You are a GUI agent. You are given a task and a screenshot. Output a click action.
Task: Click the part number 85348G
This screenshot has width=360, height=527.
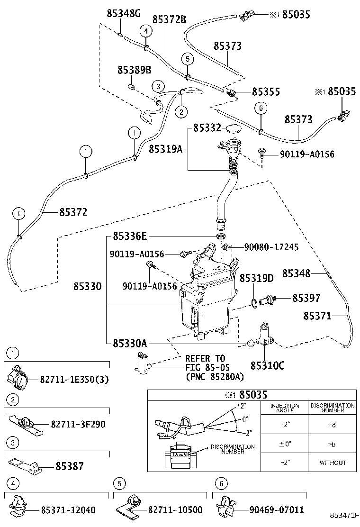click(x=124, y=14)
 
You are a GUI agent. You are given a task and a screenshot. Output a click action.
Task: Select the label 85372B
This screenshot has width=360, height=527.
click(x=169, y=19)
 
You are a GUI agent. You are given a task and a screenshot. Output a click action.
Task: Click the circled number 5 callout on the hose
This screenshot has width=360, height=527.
click(x=188, y=59)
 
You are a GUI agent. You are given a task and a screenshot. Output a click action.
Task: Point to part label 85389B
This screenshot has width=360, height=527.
click(x=134, y=70)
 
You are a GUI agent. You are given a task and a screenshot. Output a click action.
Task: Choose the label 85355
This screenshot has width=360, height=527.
click(x=266, y=92)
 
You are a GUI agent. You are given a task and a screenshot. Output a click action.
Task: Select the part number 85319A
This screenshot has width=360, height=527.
click(x=165, y=149)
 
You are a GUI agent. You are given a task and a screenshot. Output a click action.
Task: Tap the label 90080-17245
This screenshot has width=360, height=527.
click(x=271, y=247)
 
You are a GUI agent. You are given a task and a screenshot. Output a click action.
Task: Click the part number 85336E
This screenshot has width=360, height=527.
click(x=130, y=236)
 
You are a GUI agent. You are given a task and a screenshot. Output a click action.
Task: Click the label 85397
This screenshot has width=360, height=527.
click(x=306, y=298)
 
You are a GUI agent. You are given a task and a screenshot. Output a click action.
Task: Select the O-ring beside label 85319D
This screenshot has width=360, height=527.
click(x=255, y=302)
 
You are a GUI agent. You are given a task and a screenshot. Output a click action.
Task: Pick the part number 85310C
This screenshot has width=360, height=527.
click(x=268, y=365)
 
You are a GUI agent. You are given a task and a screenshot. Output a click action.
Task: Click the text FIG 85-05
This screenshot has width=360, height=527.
click(x=205, y=367)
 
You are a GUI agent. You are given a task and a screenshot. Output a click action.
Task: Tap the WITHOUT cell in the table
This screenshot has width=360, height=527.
click(x=333, y=462)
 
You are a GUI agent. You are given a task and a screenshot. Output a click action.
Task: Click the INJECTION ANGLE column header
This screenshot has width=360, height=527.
click(x=284, y=409)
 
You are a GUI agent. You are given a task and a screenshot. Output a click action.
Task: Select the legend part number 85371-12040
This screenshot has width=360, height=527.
click(x=68, y=510)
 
